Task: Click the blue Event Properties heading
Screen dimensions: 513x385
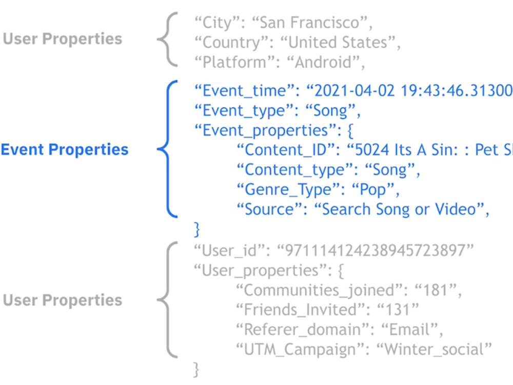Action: click(x=65, y=149)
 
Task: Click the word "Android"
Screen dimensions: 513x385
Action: click(x=323, y=62)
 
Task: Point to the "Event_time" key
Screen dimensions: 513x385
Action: click(x=244, y=91)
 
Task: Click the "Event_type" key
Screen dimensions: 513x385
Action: click(x=244, y=111)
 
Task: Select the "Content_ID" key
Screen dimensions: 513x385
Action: click(x=286, y=150)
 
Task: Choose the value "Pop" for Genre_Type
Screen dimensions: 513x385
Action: click(x=372, y=190)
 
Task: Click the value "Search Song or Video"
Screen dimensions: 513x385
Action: click(x=399, y=209)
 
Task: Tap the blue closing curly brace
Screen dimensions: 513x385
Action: click(x=196, y=229)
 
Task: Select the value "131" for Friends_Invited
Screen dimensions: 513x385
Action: click(x=397, y=310)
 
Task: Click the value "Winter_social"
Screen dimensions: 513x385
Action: click(x=434, y=349)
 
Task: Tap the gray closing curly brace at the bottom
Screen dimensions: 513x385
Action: click(x=196, y=370)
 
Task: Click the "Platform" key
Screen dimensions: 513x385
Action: click(x=234, y=62)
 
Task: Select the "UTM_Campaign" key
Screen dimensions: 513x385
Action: click(x=300, y=350)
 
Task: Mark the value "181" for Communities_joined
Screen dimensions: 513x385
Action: click(x=435, y=290)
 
